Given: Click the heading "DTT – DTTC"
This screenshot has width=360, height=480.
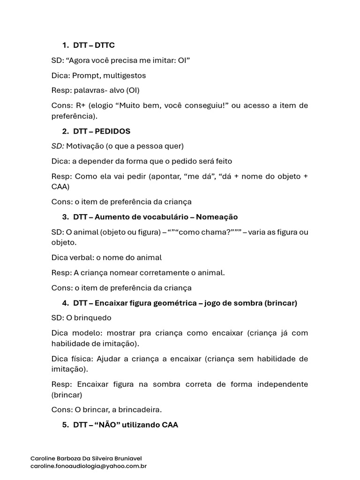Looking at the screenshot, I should point(94,45).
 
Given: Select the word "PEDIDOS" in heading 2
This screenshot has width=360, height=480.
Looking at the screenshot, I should point(112,131).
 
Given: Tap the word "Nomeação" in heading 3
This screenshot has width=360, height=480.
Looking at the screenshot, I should point(217,217).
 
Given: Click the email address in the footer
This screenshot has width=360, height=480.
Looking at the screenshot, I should point(89,466).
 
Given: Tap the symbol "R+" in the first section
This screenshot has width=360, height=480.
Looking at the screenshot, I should point(81,105).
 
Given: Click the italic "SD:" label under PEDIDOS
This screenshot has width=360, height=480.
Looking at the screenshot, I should point(58,146).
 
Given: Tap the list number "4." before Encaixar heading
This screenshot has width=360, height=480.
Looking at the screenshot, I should point(66,303).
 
